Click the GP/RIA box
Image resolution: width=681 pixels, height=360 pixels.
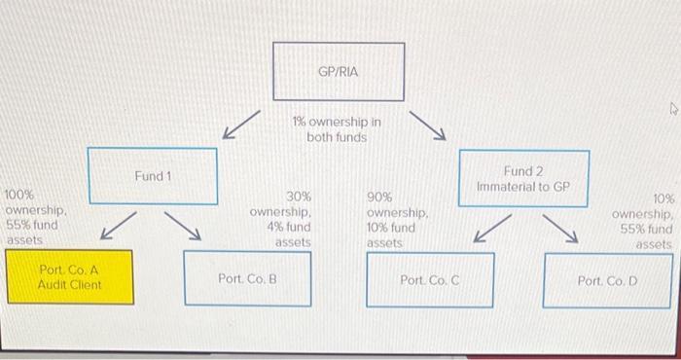coord(339,72)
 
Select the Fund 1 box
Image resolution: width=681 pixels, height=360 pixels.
coord(152,176)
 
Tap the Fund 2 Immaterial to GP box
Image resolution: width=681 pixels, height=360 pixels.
coord(523,178)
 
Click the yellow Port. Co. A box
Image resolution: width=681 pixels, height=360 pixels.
coord(69,277)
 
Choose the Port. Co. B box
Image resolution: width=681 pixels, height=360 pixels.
coord(247,277)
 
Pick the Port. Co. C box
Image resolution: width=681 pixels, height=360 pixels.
coord(429,278)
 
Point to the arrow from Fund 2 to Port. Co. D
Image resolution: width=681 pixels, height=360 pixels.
coord(561,227)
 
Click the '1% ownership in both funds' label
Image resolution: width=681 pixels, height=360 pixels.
coord(336,130)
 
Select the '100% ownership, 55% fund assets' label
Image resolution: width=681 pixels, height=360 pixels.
coord(36,217)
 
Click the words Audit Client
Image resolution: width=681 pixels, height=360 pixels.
coord(69,286)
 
